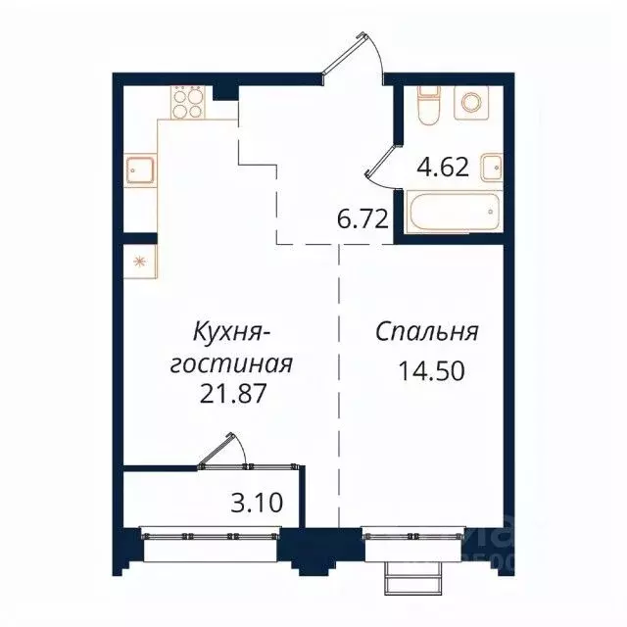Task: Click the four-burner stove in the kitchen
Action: pos(188,102)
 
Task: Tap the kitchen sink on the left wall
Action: pos(138,172)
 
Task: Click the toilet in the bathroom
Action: pos(428,103)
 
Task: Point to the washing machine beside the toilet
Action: pos(473,104)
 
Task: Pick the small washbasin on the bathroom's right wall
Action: pos(495,169)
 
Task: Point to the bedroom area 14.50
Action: pos(426,371)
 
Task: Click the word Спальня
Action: pos(426,332)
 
